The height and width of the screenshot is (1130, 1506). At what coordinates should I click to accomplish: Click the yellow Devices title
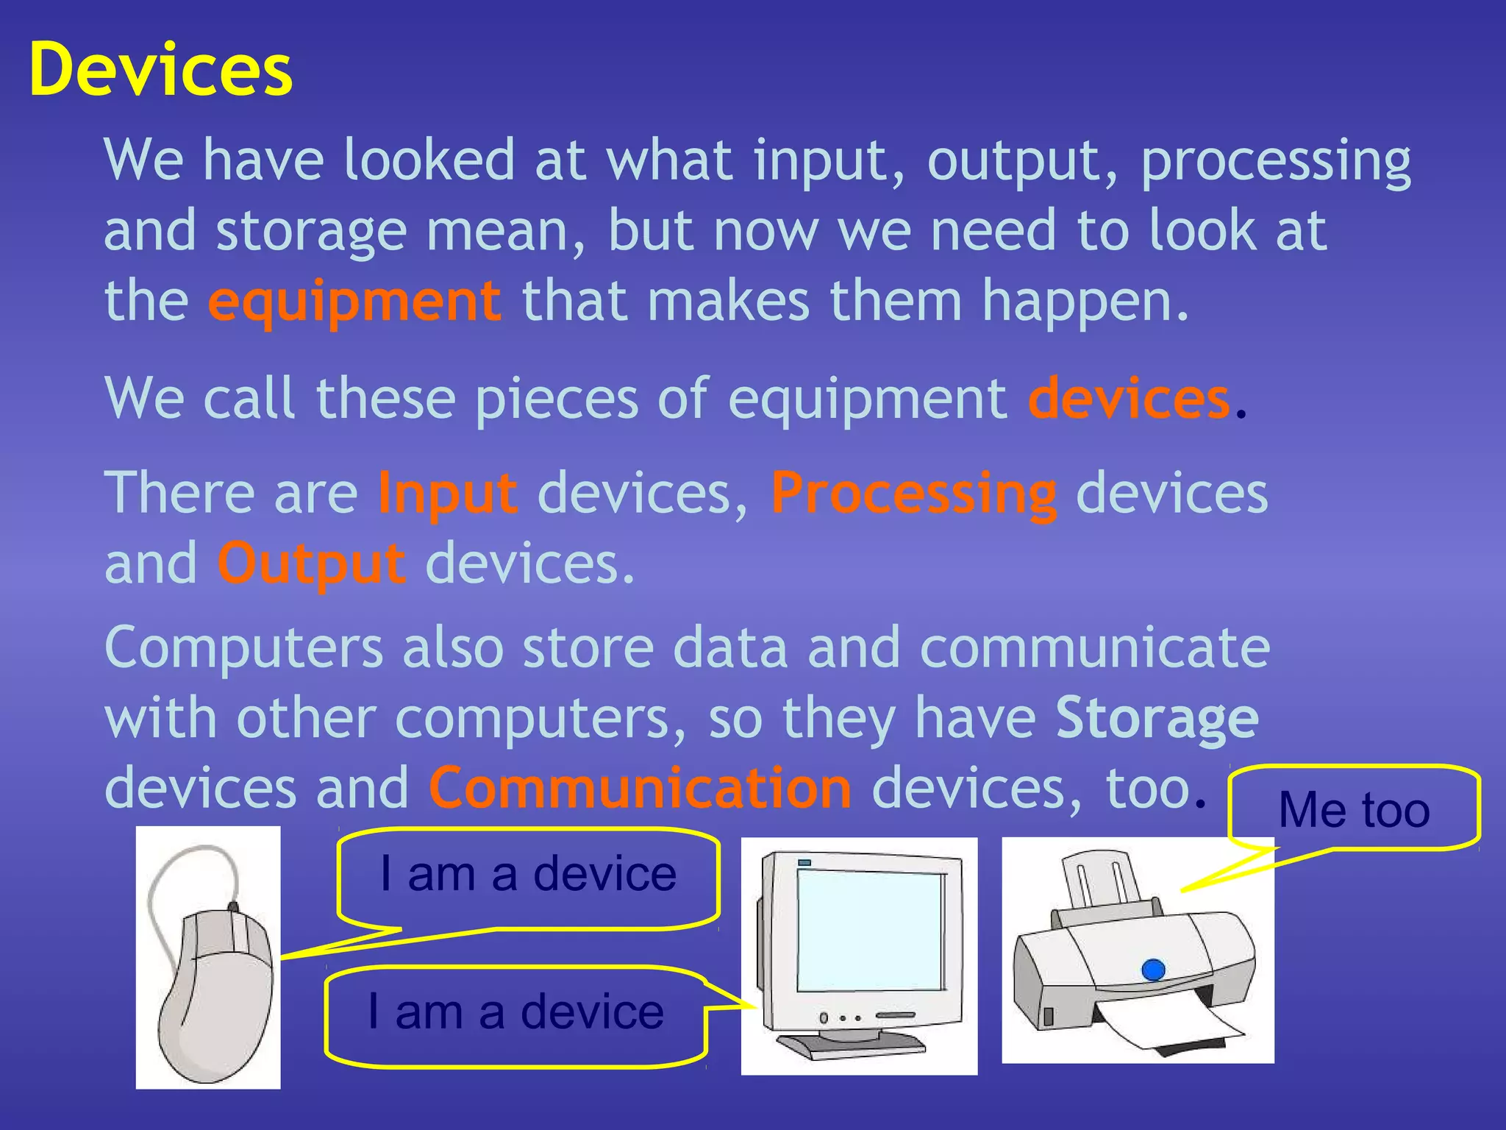pyautogui.click(x=160, y=69)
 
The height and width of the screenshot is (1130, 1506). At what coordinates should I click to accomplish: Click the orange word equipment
pyautogui.click(x=354, y=302)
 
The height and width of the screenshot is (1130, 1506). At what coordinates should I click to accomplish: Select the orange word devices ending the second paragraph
pyautogui.click(x=1128, y=399)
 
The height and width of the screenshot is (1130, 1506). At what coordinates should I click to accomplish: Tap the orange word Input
pyautogui.click(x=447, y=493)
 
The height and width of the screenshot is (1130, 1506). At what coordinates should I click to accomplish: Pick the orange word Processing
pyautogui.click(x=914, y=493)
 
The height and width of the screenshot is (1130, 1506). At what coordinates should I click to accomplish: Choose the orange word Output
pyautogui.click(x=311, y=564)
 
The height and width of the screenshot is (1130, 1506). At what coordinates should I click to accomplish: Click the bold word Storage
pyautogui.click(x=1157, y=718)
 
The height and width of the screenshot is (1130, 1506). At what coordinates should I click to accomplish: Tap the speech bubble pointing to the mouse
pyautogui.click(x=528, y=875)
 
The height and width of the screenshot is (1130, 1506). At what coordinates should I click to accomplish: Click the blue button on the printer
pyautogui.click(x=1153, y=970)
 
